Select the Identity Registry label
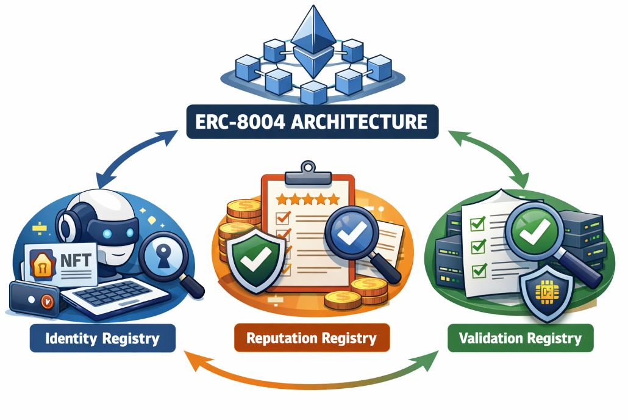point(102,338)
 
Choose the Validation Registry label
point(520,338)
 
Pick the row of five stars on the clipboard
point(307,199)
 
